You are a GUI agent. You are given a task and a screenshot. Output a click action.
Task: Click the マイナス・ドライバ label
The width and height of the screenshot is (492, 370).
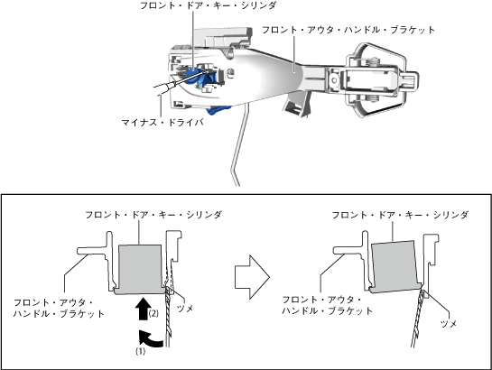162,122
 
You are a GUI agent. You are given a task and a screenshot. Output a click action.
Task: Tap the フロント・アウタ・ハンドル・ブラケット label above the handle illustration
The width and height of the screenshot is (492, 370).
348,30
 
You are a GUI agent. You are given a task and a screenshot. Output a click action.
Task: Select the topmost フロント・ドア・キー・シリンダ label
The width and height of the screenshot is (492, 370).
208,5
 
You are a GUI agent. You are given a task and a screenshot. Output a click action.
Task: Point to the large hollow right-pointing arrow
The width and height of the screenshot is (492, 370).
252,277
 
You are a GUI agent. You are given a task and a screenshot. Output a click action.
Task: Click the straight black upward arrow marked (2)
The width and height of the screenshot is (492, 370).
143,309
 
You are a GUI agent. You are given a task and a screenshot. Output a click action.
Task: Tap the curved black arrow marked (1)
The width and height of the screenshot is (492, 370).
150,339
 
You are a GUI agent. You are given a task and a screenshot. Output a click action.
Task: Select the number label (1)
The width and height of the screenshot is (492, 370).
141,351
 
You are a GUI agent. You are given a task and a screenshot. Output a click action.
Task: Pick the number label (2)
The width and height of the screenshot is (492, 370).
153,313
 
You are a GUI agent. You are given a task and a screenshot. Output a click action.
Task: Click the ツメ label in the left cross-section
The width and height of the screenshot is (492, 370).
185,309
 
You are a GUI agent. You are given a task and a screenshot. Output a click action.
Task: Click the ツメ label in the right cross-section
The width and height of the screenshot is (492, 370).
449,324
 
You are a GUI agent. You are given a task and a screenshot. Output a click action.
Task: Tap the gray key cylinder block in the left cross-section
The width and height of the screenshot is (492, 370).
140,269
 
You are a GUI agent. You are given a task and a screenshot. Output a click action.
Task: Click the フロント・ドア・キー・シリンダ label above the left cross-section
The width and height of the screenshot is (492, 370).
153,215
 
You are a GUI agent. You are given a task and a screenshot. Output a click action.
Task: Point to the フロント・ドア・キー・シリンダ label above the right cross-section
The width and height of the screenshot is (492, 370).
400,215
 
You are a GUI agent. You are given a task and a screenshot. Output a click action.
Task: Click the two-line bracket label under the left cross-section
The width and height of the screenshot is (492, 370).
59,308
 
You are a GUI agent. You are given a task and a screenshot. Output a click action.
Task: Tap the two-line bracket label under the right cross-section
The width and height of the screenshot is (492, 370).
328,305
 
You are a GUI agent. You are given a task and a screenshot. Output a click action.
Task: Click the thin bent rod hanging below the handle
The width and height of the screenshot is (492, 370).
238,147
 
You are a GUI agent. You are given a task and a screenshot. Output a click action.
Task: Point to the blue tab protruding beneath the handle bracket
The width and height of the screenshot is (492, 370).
218,110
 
